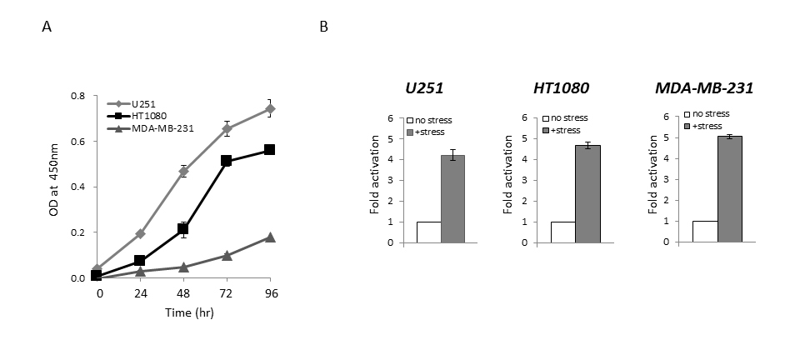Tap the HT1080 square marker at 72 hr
pos(226,161)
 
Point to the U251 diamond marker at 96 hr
pos(269,108)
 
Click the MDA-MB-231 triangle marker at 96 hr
pos(269,237)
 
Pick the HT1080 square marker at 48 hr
pos(182,228)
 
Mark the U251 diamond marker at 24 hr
pos(139,234)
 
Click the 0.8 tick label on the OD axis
pos(77,96)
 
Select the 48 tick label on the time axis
pos(182,293)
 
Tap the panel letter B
pos(324,27)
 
